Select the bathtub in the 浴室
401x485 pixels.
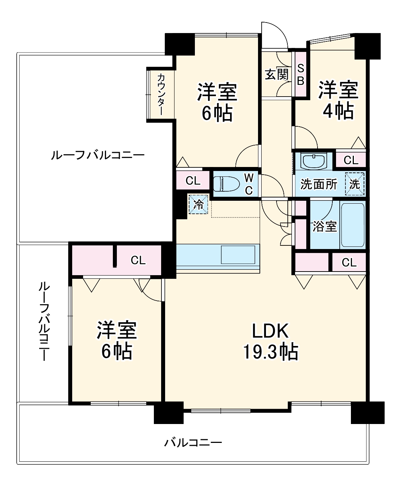[352, 225]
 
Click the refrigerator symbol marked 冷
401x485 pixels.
[199, 204]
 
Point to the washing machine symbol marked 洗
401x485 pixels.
[354, 184]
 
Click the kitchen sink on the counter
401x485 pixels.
[238, 254]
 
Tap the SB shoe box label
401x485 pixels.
[300, 75]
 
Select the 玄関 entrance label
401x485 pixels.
[277, 74]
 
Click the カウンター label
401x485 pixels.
[161, 94]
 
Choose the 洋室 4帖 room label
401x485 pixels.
[338, 100]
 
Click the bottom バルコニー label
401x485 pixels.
[193, 443]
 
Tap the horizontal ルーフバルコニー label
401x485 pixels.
[98, 155]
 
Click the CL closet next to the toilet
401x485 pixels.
[193, 180]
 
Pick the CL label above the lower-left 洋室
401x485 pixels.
[138, 260]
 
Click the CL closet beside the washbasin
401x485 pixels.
[351, 160]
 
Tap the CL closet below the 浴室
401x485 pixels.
[349, 262]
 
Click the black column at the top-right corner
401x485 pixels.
[368, 46]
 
